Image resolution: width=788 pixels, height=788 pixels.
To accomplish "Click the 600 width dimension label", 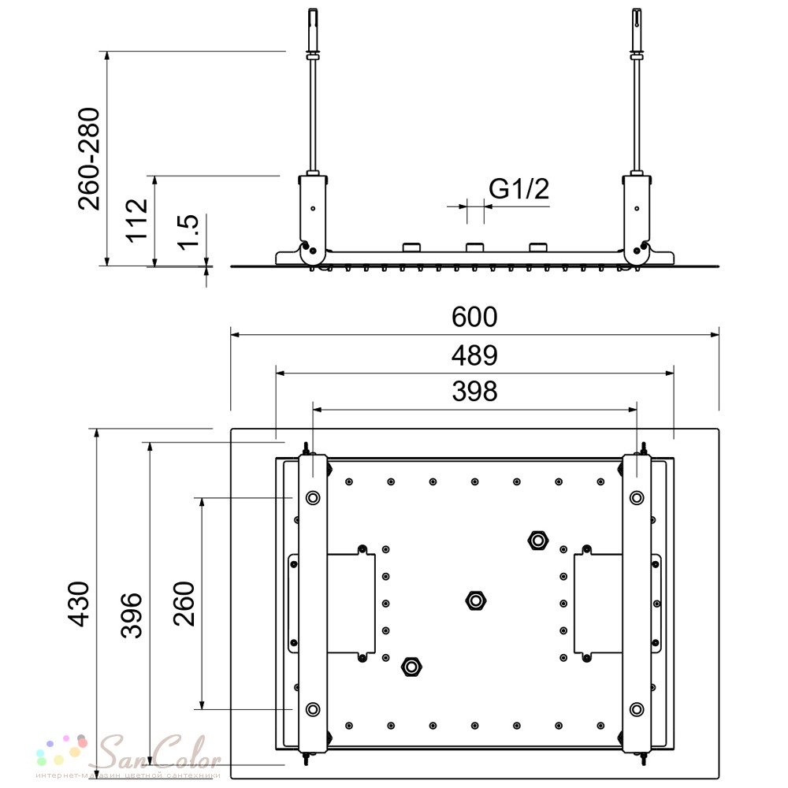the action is point(474,317).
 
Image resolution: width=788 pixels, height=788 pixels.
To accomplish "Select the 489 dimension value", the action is point(474,355).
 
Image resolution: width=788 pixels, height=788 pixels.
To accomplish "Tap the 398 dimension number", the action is point(474,392).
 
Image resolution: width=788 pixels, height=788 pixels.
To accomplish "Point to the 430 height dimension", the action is point(79,604).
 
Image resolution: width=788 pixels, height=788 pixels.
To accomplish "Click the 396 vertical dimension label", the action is point(132,615).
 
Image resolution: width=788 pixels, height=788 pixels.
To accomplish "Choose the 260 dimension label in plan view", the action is point(184,604).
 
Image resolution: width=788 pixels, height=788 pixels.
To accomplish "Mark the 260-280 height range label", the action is point(90,159).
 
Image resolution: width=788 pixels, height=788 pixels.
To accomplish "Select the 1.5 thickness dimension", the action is point(188,232).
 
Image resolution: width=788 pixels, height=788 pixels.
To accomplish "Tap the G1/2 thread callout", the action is point(519,189).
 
